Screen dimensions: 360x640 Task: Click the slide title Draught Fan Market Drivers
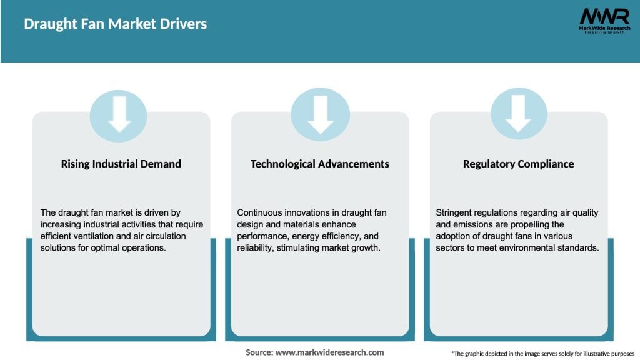116,24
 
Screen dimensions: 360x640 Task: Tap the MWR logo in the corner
604,17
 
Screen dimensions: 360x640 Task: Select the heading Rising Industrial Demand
121,164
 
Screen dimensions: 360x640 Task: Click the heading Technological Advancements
319,164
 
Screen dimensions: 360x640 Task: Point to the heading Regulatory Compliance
518,164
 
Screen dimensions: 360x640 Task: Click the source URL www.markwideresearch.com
329,352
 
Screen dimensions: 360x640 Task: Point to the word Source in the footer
259,352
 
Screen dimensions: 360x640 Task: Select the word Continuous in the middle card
259,212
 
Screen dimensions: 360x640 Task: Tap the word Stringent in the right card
456,212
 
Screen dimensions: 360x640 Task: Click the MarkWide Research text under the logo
604,28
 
